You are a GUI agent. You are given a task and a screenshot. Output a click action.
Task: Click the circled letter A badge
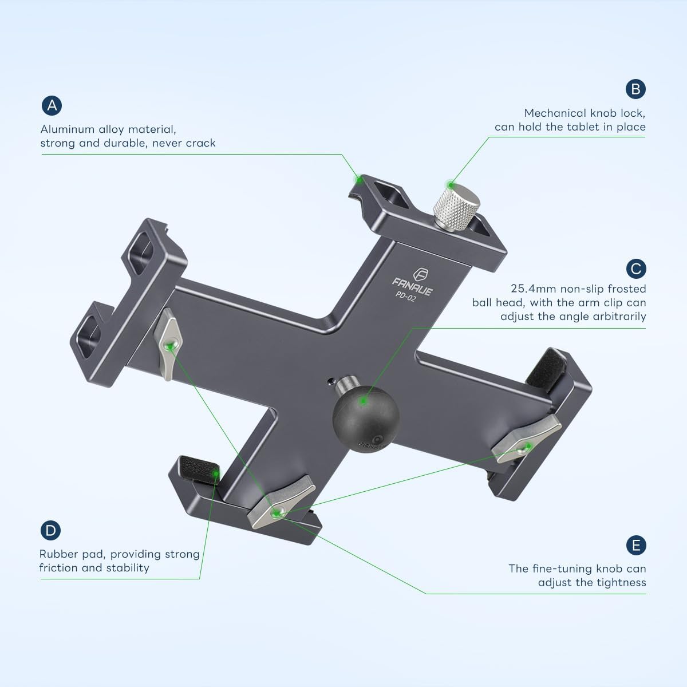coord(52,105)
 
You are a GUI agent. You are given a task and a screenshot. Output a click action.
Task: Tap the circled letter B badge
coord(635,89)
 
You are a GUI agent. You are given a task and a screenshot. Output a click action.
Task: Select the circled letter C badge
coord(635,269)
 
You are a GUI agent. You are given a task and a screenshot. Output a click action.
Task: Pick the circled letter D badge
coord(51,530)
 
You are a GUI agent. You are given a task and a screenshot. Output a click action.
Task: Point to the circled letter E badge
coord(635,545)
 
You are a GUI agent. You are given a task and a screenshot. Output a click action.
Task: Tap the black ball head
coord(361,412)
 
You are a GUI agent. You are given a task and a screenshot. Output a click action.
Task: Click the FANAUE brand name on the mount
coord(412,287)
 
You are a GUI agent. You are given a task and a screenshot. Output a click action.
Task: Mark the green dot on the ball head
coord(362,401)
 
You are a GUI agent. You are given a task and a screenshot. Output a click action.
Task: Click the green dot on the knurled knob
coord(451,185)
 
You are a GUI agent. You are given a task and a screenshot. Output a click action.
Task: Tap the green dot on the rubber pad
coord(215,473)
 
